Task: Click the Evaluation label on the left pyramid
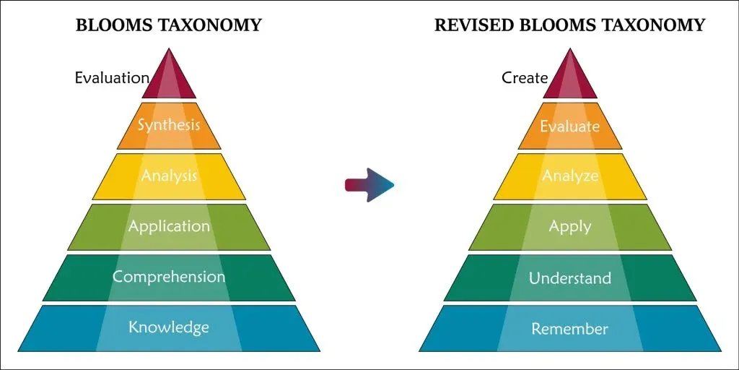112,77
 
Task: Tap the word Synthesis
169,125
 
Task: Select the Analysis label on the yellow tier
169,175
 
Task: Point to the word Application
169,226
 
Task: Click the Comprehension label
169,277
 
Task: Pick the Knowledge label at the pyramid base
169,327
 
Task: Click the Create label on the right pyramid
525,77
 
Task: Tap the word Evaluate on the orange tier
570,126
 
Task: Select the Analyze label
570,176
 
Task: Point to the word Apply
570,226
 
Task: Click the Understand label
570,278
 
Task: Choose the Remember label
570,330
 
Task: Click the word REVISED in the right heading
470,25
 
